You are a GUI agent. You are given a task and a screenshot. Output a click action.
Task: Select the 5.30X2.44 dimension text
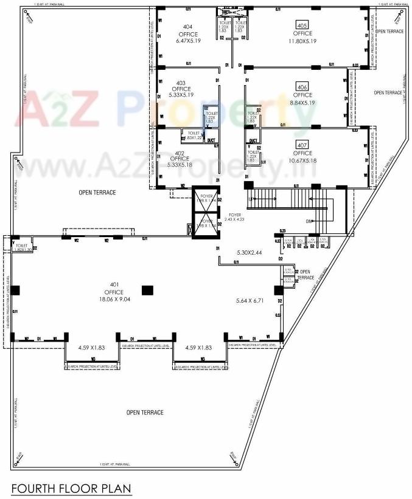pos(250,252)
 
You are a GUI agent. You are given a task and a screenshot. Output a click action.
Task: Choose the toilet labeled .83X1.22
pos(194,136)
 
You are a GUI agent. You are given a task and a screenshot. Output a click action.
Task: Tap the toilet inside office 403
pos(211,117)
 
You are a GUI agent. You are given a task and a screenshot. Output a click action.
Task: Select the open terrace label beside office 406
pos(388,92)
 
